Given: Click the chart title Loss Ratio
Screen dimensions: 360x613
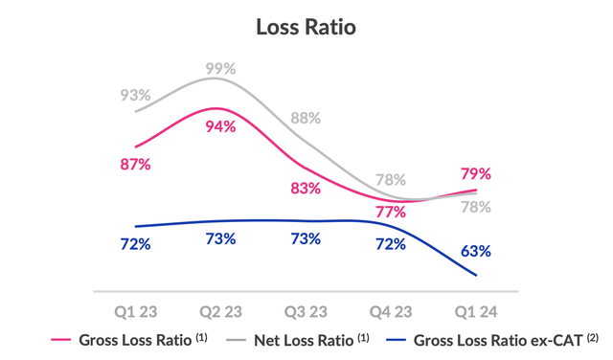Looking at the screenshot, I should [306, 26].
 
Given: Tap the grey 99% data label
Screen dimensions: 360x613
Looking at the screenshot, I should [220, 69].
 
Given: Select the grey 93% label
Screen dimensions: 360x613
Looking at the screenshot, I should [135, 95].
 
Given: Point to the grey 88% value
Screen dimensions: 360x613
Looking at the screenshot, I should [306, 118].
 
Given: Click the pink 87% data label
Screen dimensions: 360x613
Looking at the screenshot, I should [135, 164].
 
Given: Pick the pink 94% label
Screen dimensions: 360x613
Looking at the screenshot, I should [220, 126].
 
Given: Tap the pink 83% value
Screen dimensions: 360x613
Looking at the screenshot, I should [306, 188].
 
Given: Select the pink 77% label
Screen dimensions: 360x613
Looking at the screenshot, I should [391, 212].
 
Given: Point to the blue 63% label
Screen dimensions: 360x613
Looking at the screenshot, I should [476, 251].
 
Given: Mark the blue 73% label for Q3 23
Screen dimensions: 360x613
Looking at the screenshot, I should [306, 238].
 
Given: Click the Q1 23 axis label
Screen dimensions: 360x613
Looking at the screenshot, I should [135, 312].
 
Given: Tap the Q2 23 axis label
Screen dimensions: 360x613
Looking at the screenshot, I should [220, 312].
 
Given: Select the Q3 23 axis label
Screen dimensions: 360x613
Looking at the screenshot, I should [306, 312].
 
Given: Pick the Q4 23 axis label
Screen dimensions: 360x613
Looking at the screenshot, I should [391, 312].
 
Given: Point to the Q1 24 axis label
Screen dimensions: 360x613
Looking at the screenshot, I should [476, 312].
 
